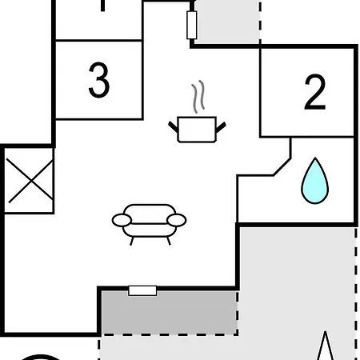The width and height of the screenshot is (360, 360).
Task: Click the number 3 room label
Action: click(99, 80)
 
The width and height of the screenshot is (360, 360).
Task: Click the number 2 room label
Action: click(315, 92)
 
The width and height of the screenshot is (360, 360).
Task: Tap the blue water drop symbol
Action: click(315, 181)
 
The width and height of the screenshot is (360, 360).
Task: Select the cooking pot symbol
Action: click(197, 130)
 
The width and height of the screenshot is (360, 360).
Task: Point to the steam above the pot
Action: click(198, 97)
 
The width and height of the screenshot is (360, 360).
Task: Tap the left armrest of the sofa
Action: click(122, 220)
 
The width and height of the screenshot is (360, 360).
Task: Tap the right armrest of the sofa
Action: click(177, 220)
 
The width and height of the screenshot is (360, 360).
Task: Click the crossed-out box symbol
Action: click(30, 181)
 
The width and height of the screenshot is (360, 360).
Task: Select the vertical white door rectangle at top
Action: click(192, 25)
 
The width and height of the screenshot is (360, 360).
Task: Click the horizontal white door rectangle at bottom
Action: click(142, 290)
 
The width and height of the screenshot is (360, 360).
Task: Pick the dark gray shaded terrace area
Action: click(170, 312)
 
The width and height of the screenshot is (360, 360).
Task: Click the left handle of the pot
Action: click(174, 127)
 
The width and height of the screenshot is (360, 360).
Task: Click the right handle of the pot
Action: click(221, 127)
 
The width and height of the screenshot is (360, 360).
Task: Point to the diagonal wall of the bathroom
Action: click(282, 167)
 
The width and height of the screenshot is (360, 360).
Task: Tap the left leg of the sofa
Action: click(131, 241)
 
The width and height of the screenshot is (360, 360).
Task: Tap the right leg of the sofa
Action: click(169, 241)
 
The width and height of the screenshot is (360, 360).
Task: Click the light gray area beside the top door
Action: click(228, 22)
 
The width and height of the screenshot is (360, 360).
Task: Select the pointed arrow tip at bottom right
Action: click(325, 332)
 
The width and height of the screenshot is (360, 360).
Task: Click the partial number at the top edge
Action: click(103, 6)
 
